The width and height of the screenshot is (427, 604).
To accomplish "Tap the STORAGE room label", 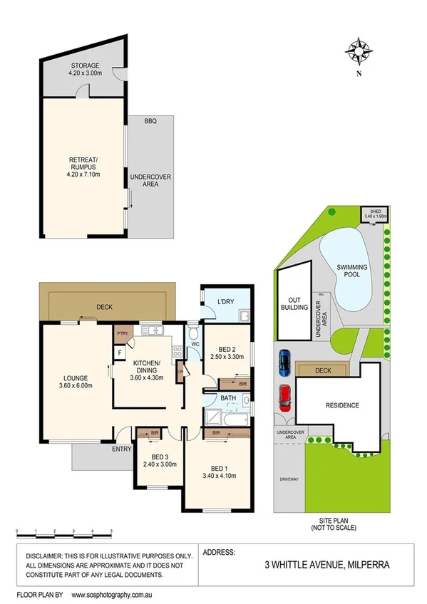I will coord(83,66).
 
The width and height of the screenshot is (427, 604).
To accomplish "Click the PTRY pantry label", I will coord(122,332).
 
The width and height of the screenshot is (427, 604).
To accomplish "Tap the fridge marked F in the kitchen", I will coord(120,353).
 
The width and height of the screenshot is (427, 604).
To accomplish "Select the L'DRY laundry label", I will coord(225,302).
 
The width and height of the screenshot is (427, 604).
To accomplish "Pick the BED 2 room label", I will coord(226,348).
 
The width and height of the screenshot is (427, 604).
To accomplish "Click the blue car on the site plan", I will coord(284,363).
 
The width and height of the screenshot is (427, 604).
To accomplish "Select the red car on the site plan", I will coord(284,397).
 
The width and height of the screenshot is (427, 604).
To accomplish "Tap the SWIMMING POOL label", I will coord(352,271).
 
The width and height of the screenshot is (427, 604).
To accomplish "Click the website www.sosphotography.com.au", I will coord(118,593).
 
